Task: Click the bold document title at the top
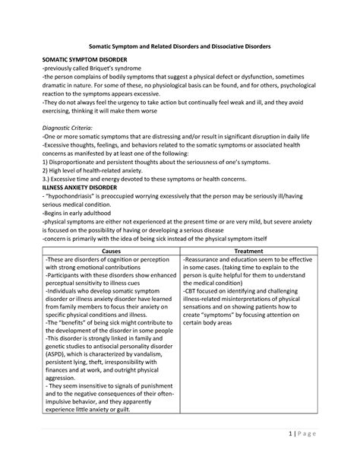[x=180, y=47]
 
